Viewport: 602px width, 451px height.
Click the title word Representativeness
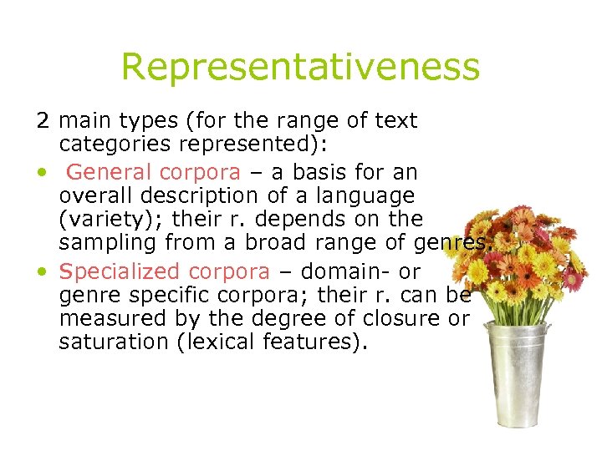click(300, 66)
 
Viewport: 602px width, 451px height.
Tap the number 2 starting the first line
click(42, 121)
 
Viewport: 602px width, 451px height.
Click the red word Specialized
click(120, 271)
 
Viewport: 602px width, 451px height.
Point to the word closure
click(396, 319)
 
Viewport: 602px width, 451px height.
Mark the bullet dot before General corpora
click(41, 173)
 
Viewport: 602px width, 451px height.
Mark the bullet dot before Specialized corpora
click(41, 272)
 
